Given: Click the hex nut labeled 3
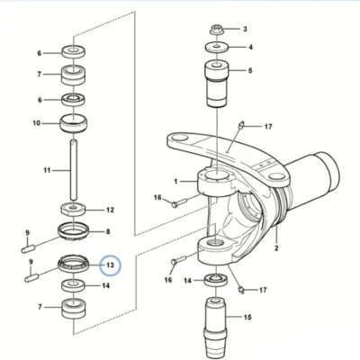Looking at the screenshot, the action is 216,30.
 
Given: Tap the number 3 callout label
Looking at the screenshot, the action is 245,29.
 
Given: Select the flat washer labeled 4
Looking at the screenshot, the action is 217,48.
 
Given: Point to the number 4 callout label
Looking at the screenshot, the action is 250,47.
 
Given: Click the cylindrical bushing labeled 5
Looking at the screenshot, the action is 217,84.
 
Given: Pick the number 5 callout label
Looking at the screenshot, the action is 250,70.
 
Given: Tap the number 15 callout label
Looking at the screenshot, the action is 247,317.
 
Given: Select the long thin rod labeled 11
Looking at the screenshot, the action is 74,170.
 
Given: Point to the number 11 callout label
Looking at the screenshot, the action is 47,170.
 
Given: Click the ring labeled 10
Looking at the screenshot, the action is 74,122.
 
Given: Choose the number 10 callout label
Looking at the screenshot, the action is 36,123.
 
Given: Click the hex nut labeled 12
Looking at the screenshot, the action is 74,209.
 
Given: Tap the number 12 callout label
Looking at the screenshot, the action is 110,210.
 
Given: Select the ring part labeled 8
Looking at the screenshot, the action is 73,231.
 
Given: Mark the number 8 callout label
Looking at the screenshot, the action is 108,231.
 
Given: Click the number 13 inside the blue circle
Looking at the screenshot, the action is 110,265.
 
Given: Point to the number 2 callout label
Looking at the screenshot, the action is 276,248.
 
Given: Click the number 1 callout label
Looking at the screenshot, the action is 175,181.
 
